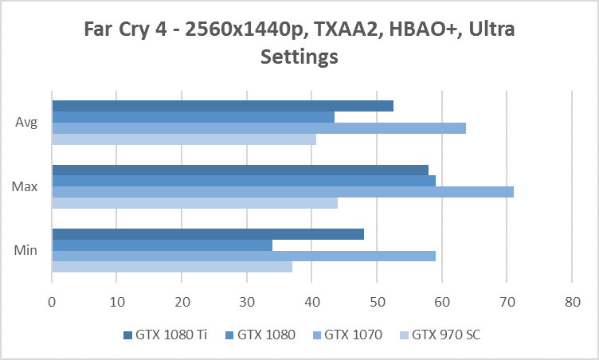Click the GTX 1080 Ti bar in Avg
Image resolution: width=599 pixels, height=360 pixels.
[222, 106]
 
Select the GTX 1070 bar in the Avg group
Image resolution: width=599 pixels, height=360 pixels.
[259, 128]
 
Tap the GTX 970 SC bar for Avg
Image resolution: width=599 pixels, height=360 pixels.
[184, 139]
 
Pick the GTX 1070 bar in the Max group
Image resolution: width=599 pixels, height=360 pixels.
[283, 192]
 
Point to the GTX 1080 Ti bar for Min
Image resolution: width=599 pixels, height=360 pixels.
[208, 234]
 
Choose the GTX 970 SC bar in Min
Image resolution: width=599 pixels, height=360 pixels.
[172, 267]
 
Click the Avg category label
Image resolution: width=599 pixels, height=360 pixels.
[25, 123]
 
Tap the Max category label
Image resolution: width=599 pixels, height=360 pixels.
[24, 187]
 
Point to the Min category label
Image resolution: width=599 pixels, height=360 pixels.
[25, 251]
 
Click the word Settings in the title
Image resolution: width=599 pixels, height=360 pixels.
[299, 57]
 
